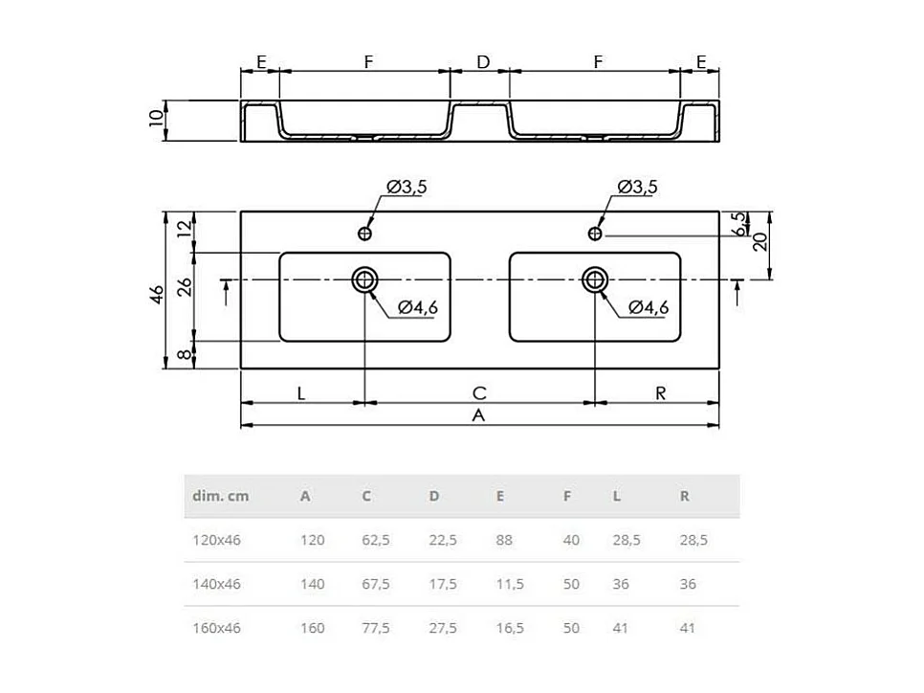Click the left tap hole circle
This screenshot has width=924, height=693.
(x=364, y=233)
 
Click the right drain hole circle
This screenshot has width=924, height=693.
(x=595, y=279)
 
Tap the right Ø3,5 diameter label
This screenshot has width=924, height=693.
(x=637, y=188)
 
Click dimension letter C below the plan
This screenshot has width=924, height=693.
(x=479, y=392)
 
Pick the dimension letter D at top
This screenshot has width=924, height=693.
(x=482, y=62)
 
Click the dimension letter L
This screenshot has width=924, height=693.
(x=301, y=392)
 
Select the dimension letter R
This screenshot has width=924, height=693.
(x=660, y=392)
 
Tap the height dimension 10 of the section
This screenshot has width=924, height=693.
(x=155, y=120)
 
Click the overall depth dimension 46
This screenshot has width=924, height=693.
(x=155, y=290)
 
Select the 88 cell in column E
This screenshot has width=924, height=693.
(x=504, y=540)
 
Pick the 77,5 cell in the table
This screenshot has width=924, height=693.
(x=376, y=628)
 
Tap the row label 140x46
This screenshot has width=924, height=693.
(x=217, y=584)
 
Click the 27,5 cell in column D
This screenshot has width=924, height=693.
(x=443, y=628)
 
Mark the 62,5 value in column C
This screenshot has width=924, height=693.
(x=376, y=540)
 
